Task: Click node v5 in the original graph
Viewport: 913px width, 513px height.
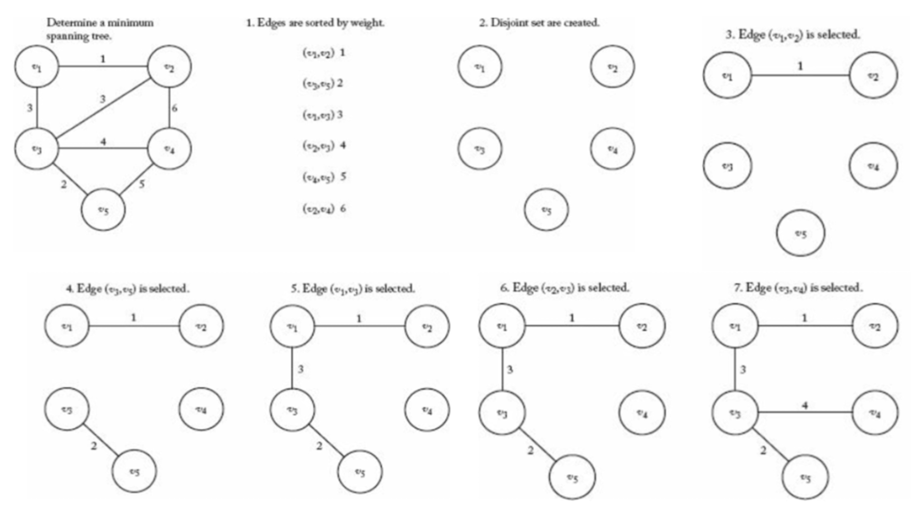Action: click(x=103, y=210)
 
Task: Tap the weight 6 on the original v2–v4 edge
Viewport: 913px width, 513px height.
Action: click(x=174, y=108)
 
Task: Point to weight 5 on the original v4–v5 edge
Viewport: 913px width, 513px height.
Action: click(x=142, y=184)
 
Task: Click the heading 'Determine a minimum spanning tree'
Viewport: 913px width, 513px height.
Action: click(x=100, y=29)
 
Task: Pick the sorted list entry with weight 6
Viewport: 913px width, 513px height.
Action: click(x=324, y=209)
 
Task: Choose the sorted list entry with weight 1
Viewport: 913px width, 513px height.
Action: click(x=324, y=53)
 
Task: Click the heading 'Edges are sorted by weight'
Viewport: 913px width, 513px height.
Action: click(x=315, y=23)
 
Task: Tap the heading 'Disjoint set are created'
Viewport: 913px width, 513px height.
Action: click(x=539, y=23)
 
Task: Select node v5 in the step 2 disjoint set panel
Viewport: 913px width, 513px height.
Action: click(x=546, y=210)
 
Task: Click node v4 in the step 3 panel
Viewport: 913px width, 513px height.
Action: click(x=873, y=166)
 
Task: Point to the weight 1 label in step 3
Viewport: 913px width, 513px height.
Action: click(x=800, y=66)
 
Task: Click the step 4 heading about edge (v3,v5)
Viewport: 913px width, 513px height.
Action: click(x=128, y=289)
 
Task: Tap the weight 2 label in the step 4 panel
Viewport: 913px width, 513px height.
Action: click(x=94, y=446)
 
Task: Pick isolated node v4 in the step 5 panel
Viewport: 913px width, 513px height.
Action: click(x=427, y=410)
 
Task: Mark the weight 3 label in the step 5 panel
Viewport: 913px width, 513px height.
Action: click(x=300, y=369)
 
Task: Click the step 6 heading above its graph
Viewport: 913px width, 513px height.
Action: click(x=565, y=288)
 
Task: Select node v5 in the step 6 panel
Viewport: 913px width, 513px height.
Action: click(x=572, y=477)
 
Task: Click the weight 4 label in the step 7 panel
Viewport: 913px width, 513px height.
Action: click(x=805, y=405)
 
